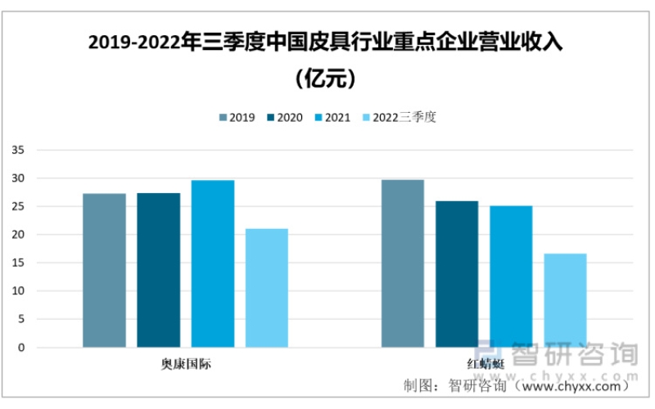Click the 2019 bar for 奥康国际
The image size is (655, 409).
tap(104, 270)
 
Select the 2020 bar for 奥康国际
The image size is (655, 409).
tap(158, 270)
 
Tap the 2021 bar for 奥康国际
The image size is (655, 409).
tap(213, 263)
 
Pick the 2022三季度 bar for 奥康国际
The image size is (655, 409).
tap(267, 288)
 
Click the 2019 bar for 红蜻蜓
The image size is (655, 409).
tap(403, 263)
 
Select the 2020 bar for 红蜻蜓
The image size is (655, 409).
tap(457, 274)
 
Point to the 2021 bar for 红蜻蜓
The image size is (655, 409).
tap(511, 276)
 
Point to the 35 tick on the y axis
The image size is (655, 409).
tap(19, 151)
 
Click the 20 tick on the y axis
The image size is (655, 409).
tap(19, 235)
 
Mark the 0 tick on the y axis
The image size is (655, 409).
tap(22, 348)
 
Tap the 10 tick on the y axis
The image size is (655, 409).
tap(19, 291)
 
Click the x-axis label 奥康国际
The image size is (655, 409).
tap(185, 363)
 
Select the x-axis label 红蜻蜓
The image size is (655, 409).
tap(484, 363)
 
